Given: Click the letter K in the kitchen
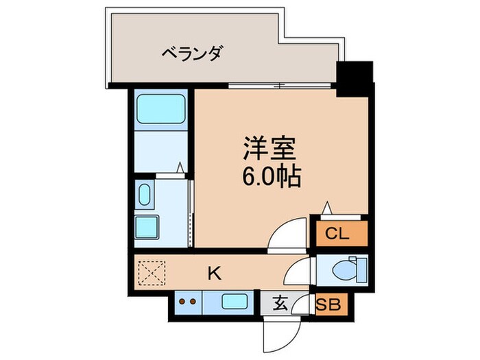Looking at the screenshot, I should pyautogui.click(x=214, y=274).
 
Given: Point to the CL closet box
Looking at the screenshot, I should pyautogui.click(x=340, y=233).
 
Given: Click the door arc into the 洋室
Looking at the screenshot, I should pyautogui.click(x=284, y=237).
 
